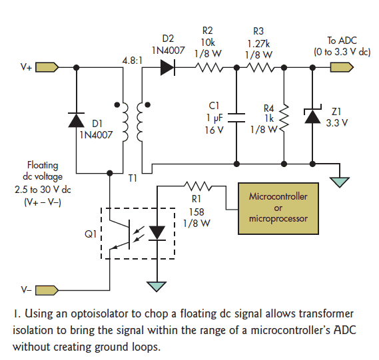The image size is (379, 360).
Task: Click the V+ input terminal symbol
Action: (47, 67)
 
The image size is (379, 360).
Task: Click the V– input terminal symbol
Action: (47, 290)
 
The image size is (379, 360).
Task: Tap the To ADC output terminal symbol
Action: (342, 67)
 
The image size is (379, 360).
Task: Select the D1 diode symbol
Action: (77, 120)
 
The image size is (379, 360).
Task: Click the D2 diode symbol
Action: (168, 68)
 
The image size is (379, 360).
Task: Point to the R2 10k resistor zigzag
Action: (209, 68)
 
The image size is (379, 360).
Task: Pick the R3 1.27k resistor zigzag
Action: (260, 68)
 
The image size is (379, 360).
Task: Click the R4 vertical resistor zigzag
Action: (284, 119)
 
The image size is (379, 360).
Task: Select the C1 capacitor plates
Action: (236, 117)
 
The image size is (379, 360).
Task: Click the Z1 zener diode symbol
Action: (312, 115)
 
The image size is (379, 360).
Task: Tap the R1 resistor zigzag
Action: (198, 186)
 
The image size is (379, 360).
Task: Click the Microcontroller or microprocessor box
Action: (278, 208)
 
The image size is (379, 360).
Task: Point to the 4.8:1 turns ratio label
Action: (132, 61)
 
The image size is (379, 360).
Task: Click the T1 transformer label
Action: (133, 178)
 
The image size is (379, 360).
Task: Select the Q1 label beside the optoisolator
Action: (91, 234)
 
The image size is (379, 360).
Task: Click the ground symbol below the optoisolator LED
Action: (157, 286)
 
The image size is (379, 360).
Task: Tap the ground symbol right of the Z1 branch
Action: (340, 182)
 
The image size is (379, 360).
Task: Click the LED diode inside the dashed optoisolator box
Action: (157, 233)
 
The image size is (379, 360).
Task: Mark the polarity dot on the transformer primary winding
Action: (117, 104)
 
